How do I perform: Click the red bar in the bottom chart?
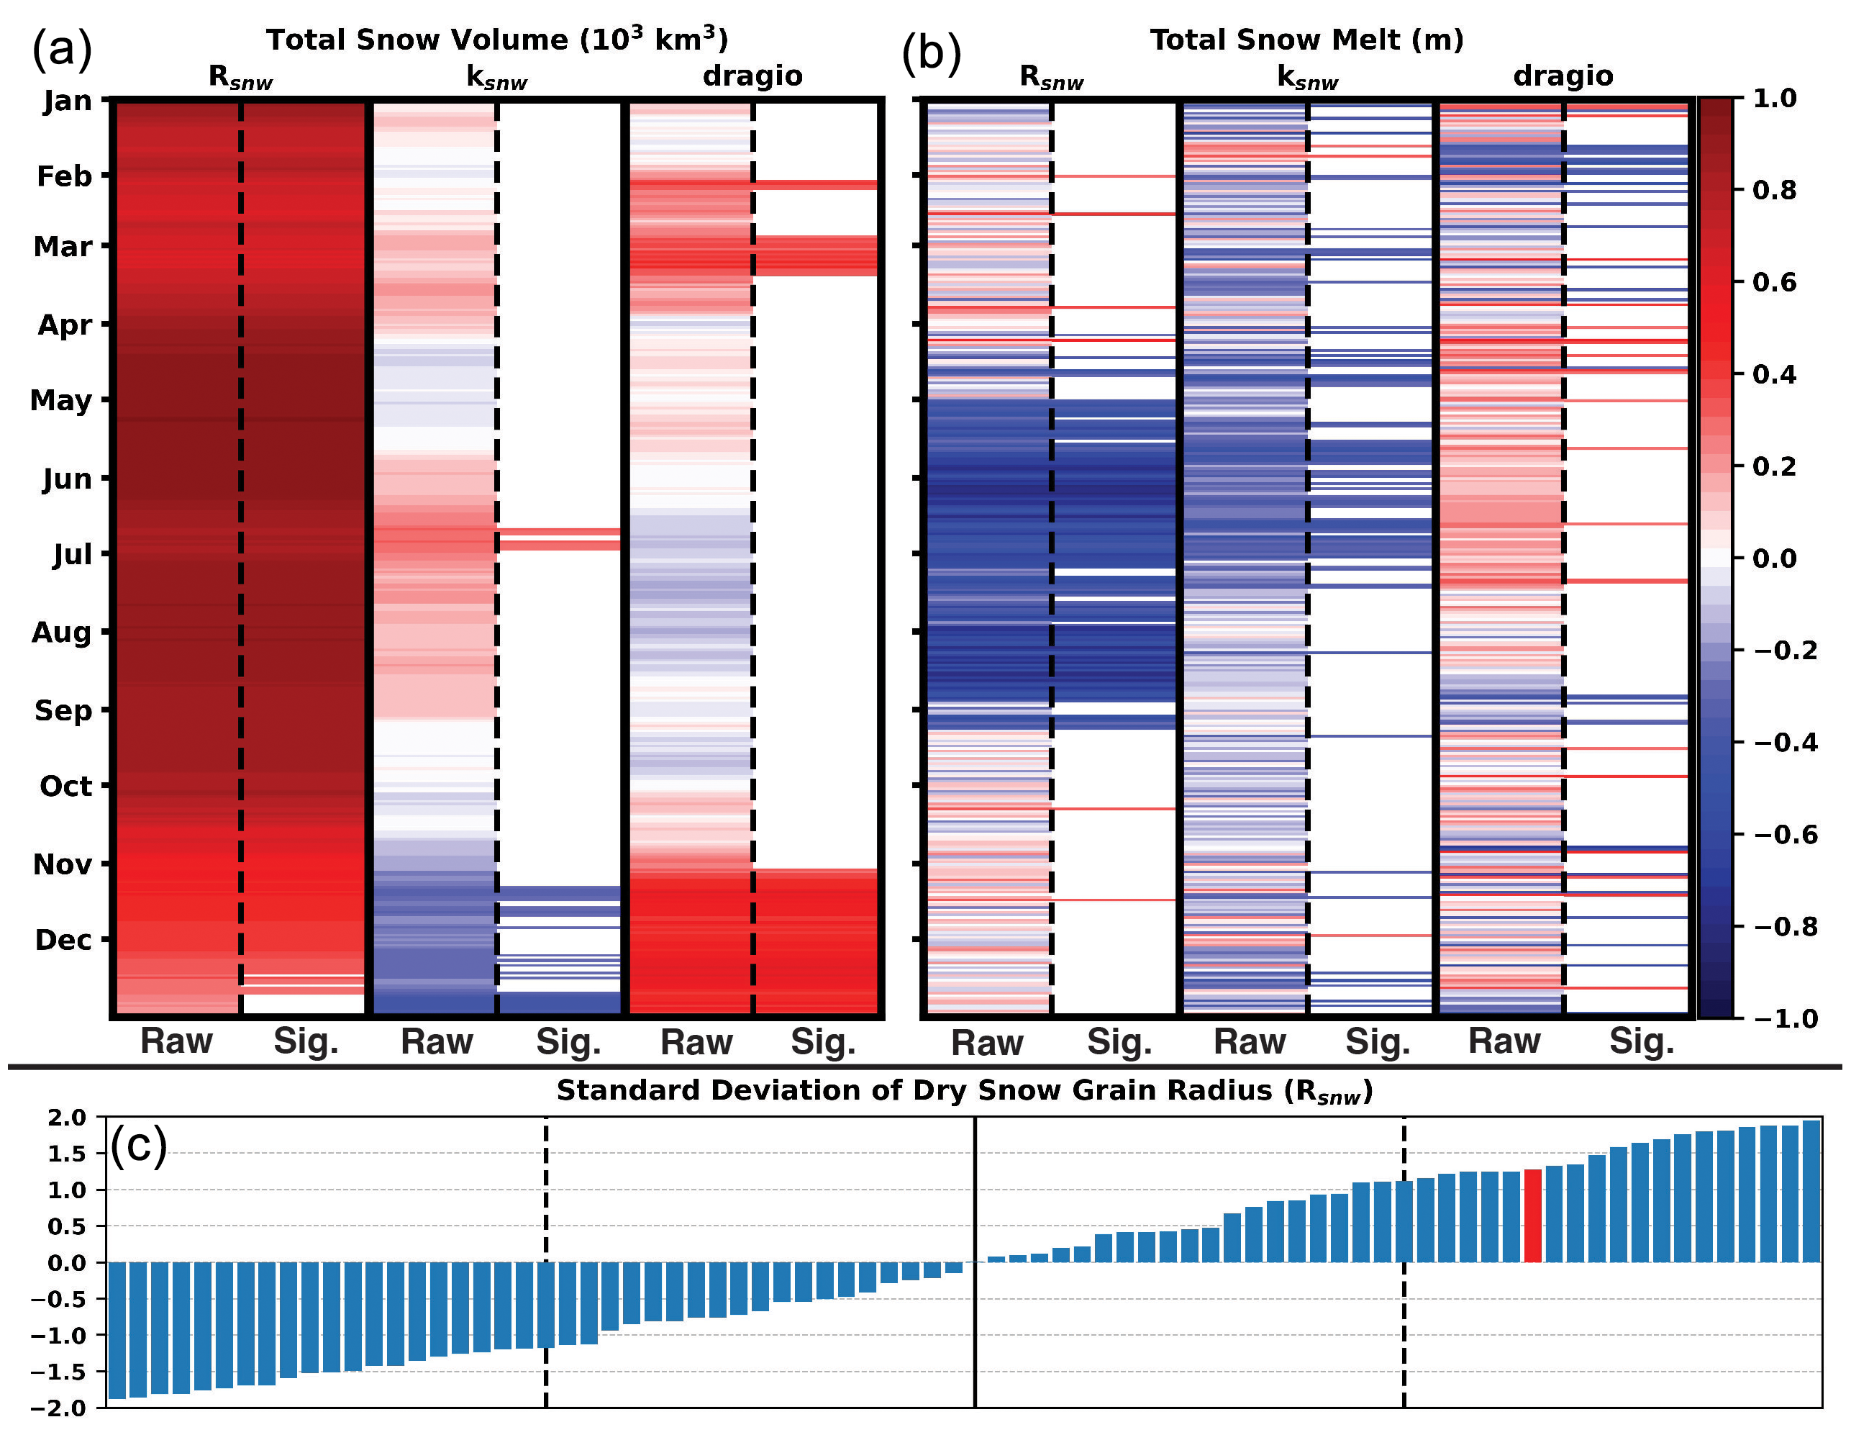pyautogui.click(x=1532, y=1216)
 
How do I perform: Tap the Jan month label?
pyautogui.click(x=68, y=101)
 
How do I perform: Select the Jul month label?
pyautogui.click(x=72, y=554)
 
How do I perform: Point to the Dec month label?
pyautogui.click(x=63, y=939)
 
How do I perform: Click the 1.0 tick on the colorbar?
pyautogui.click(x=1775, y=99)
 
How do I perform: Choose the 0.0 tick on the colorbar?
pyautogui.click(x=1775, y=558)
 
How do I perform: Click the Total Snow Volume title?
pyautogui.click(x=496, y=40)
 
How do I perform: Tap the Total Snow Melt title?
pyautogui.click(x=1306, y=40)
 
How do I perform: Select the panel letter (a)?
pyautogui.click(x=62, y=49)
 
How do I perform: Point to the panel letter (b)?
pyautogui.click(x=932, y=53)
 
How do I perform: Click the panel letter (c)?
pyautogui.click(x=138, y=1146)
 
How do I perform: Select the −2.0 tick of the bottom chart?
pyautogui.click(x=58, y=1408)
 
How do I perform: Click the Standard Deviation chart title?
pyautogui.click(x=964, y=1091)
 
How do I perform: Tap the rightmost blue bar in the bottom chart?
pyautogui.click(x=1812, y=1191)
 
